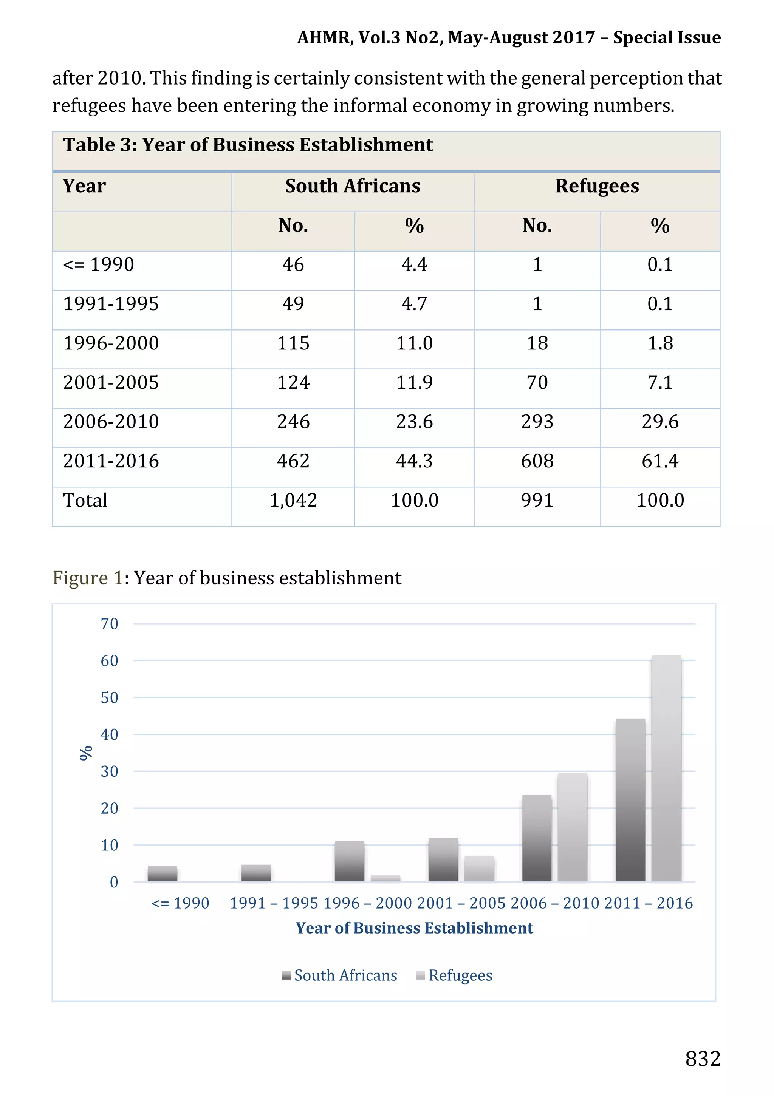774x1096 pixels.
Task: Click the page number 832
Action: coord(702,1058)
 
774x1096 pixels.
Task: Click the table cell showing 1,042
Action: coord(293,500)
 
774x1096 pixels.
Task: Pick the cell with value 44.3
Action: coord(414,461)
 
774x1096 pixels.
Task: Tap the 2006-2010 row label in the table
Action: coord(111,422)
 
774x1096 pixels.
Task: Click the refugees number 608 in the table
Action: coord(537,461)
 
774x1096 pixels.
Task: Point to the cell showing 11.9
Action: coord(414,382)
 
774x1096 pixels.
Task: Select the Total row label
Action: coord(85,500)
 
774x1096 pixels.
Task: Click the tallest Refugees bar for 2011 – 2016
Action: coord(666,768)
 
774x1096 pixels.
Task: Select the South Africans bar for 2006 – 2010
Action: coord(537,838)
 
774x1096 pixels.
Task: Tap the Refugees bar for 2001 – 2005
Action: coord(479,869)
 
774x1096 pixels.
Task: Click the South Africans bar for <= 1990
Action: coord(163,874)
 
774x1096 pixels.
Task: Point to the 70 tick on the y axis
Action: coord(109,624)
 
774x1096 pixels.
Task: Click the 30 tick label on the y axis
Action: coord(109,771)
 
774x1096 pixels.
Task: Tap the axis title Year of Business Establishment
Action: coord(414,928)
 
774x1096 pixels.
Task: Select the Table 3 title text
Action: coord(248,145)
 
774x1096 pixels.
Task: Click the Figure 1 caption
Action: coord(227,578)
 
